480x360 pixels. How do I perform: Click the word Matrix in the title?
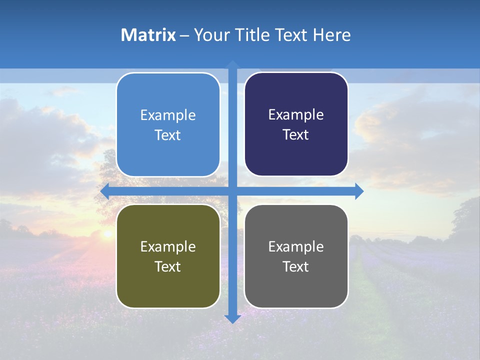click(148, 35)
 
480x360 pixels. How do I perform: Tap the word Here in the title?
click(332, 35)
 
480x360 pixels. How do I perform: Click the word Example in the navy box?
click(296, 115)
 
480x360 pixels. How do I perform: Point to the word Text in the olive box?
click(168, 266)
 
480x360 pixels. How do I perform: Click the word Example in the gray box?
click(296, 246)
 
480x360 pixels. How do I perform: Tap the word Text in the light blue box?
click(168, 135)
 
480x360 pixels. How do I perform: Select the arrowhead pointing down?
click(232, 319)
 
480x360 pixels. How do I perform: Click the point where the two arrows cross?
click(232, 191)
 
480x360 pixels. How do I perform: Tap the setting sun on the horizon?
click(106, 233)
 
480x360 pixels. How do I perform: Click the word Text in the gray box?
click(296, 266)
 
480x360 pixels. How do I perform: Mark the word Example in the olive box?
click(168, 246)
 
